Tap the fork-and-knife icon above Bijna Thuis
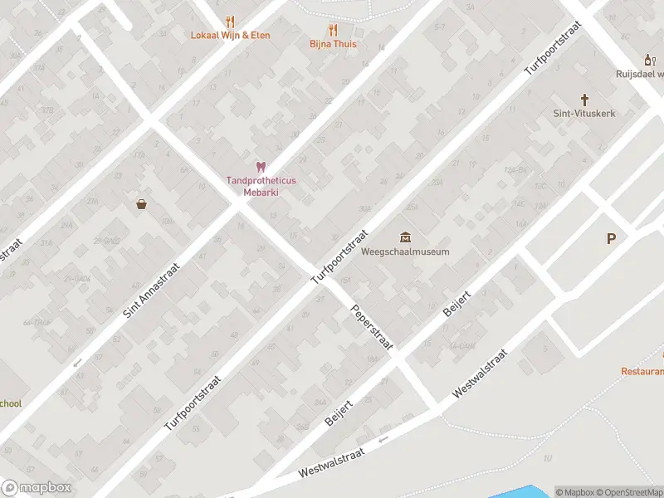coord(333,29)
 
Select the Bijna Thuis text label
coord(333,44)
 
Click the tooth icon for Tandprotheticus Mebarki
coord(260,167)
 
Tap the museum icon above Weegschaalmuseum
coord(405,237)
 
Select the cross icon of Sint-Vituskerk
coord(584,99)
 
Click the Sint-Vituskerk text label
coord(584,114)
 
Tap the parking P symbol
coord(612,239)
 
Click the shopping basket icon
coord(141,204)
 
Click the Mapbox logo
coord(37,488)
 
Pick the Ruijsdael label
coord(639,73)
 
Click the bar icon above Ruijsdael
coord(650,59)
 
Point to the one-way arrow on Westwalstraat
coord(383,440)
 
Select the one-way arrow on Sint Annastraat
coord(77,362)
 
